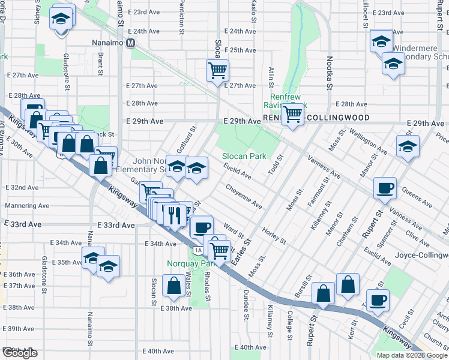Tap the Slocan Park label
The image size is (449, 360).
pyautogui.click(x=244, y=156)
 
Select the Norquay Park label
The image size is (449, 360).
pyautogui.click(x=190, y=263)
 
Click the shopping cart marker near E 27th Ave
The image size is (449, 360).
pyautogui.click(x=217, y=70)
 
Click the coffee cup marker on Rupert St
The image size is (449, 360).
pyautogui.click(x=385, y=188)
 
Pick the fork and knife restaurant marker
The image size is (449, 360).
pyautogui.click(x=175, y=214)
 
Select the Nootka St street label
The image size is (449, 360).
pyautogui.click(x=330, y=72)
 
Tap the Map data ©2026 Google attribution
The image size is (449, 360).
pyautogui.click(x=412, y=355)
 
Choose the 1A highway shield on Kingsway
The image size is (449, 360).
pyautogui.click(x=197, y=250)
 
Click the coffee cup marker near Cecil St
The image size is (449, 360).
pyautogui.click(x=378, y=300)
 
